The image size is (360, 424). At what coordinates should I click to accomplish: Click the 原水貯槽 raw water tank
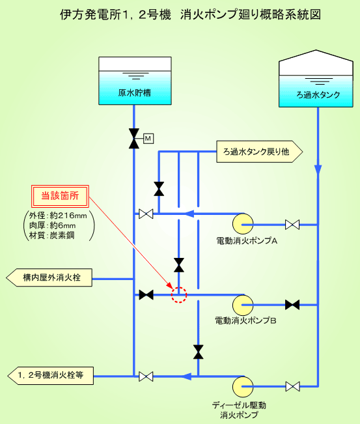(135, 81)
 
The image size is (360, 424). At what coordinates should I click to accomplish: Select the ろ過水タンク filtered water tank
(316, 79)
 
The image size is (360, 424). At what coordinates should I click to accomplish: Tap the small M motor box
(148, 139)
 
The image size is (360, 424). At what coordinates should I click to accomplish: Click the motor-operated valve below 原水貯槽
(134, 139)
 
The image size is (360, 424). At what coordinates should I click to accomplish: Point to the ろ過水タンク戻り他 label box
(259, 152)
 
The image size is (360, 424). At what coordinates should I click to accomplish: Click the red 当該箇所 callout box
(60, 196)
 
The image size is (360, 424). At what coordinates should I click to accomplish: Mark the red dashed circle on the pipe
(179, 295)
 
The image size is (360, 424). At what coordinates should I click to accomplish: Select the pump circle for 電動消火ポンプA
(243, 224)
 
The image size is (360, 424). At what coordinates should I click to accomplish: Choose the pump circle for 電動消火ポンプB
(243, 305)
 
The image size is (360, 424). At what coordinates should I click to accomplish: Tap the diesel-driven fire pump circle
(243, 387)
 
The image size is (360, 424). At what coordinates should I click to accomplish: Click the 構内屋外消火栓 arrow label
(49, 277)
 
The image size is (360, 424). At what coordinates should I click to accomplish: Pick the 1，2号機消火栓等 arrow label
(50, 376)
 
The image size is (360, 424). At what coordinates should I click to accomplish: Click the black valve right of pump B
(292, 305)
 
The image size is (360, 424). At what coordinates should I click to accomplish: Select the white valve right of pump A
(292, 225)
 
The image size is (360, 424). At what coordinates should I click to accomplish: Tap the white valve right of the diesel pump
(292, 386)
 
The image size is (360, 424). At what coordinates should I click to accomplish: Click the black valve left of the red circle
(146, 295)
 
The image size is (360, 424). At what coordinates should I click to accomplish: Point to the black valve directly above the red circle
(179, 265)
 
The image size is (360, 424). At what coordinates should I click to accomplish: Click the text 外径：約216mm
(58, 216)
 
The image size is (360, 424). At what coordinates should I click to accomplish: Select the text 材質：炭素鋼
(51, 235)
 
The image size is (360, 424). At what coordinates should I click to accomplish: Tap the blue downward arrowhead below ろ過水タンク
(318, 169)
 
